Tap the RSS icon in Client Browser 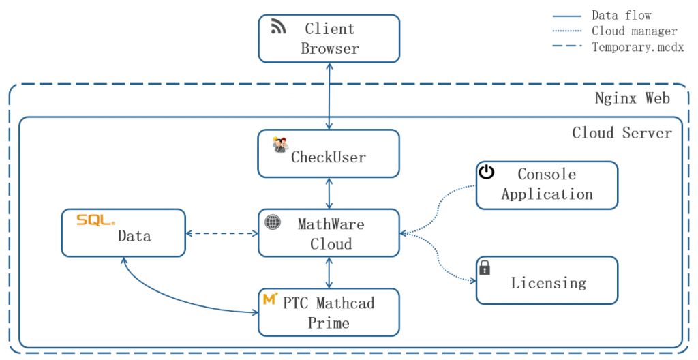pyautogui.click(x=278, y=27)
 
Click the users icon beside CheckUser pyautogui.click(x=280, y=145)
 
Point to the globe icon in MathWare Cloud pyautogui.click(x=273, y=222)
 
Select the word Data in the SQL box pyautogui.click(x=134, y=237)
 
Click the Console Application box pyautogui.click(x=547, y=185)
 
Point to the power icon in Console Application pyautogui.click(x=486, y=172)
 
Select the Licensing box pyautogui.click(x=547, y=280)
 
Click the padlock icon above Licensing pyautogui.click(x=485, y=267)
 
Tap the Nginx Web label pyautogui.click(x=632, y=98)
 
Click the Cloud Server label pyautogui.click(x=622, y=132)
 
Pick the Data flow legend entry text pyautogui.click(x=621, y=15)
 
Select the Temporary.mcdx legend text pyautogui.click(x=637, y=47)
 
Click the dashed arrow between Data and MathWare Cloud pyautogui.click(x=222, y=234)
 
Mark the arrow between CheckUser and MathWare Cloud pyautogui.click(x=330, y=194)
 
